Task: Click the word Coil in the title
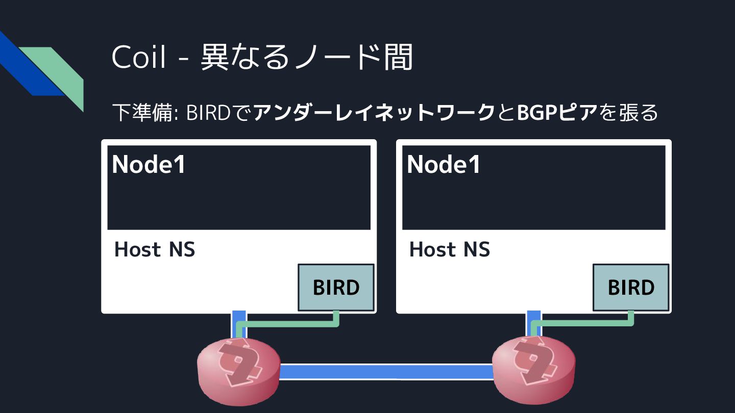point(139,57)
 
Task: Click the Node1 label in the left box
point(149,164)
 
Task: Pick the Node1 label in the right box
point(444,164)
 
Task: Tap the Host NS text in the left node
point(155,249)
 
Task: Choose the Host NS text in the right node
point(450,249)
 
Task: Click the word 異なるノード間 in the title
point(307,57)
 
